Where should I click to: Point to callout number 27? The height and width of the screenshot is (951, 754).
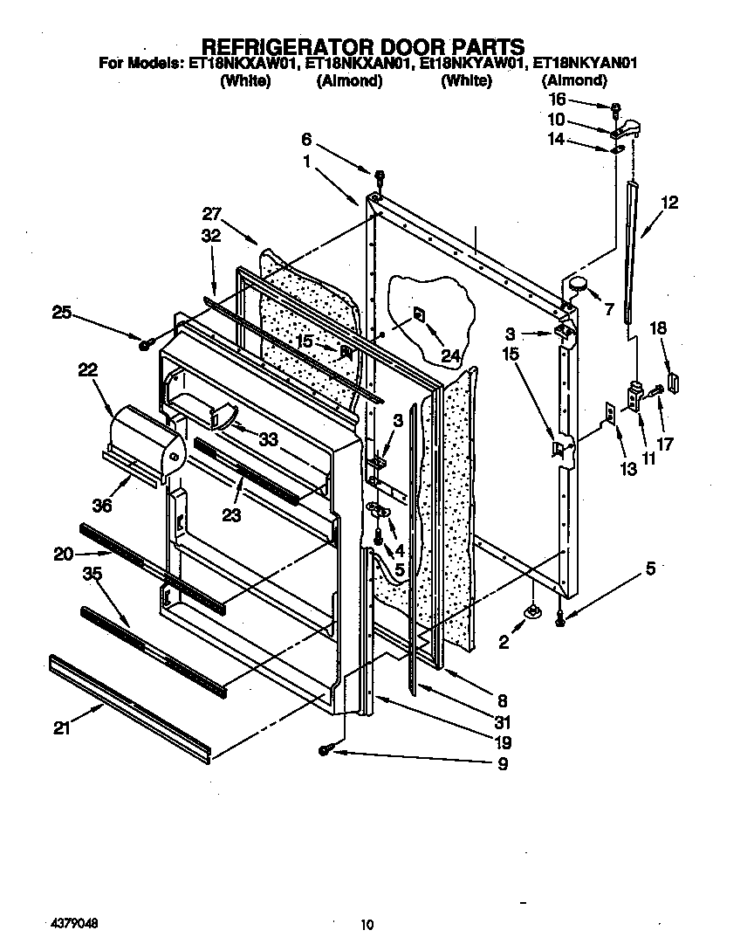coord(212,212)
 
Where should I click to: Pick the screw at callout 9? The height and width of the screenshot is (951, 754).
coord(325,750)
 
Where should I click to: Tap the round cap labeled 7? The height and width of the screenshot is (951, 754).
coord(577,284)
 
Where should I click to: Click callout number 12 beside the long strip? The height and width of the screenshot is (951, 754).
coord(669,203)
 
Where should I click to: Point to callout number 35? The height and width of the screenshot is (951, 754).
coord(93,574)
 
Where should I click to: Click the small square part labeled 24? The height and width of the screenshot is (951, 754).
coord(418,313)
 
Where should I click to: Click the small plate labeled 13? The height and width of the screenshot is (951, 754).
coord(610,411)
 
